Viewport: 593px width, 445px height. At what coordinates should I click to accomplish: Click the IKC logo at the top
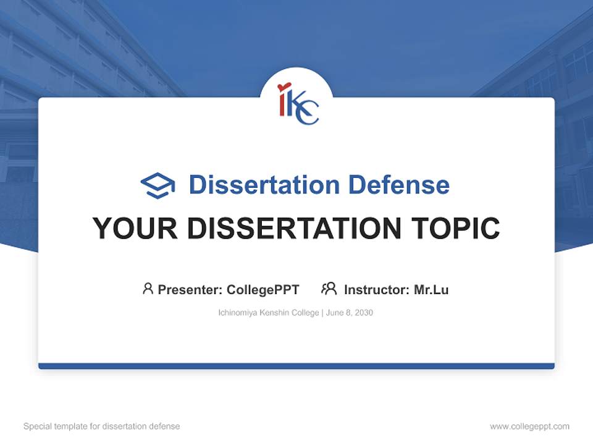(x=298, y=103)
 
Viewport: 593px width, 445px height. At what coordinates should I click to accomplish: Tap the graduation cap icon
(x=158, y=185)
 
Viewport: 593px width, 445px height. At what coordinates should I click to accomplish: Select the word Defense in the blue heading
(x=398, y=185)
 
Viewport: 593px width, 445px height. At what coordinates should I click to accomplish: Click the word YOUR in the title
(x=135, y=228)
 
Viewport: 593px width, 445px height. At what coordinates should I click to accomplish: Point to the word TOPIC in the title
(x=455, y=228)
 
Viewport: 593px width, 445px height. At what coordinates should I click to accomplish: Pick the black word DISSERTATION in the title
(x=294, y=228)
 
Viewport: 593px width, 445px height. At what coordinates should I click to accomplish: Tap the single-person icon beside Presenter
(x=148, y=289)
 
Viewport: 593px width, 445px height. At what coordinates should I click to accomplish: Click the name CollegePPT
(x=263, y=290)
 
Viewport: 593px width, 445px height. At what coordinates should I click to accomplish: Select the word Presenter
(x=190, y=290)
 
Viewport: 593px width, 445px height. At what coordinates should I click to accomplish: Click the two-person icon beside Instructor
(x=329, y=289)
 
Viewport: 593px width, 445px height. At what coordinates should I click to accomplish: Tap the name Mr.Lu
(x=431, y=290)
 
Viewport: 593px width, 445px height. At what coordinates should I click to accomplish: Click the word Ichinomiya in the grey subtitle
(x=237, y=313)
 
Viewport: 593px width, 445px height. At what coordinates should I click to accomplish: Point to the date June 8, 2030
(x=350, y=313)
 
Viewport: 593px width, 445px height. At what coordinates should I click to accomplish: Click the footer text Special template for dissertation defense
(x=102, y=426)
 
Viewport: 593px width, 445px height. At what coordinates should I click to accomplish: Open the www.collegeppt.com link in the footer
(x=530, y=426)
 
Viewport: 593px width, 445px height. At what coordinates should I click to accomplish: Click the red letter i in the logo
(x=282, y=100)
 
